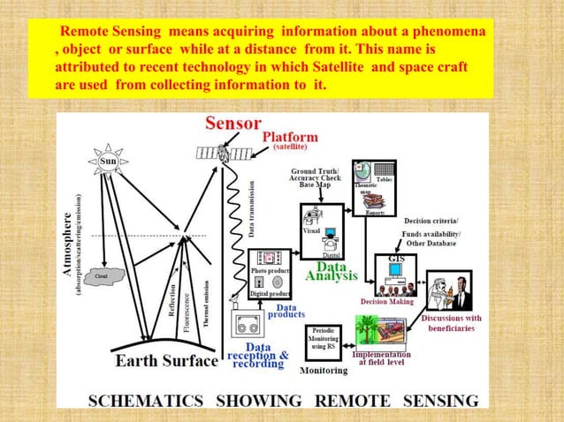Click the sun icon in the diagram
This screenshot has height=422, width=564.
[x=108, y=162]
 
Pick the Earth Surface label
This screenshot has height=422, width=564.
[x=166, y=361]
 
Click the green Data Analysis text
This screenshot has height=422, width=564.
[x=332, y=269]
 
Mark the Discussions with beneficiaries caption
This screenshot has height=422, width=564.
[x=451, y=322]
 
